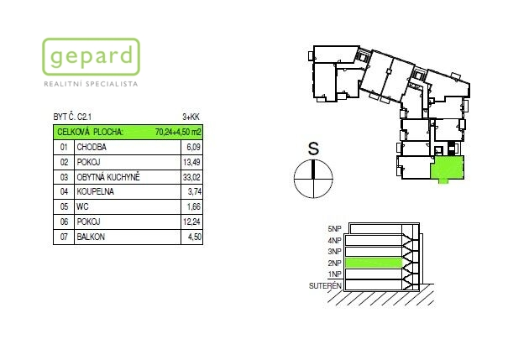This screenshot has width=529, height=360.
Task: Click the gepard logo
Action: click(91, 56)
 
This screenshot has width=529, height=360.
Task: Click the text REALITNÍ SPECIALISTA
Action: click(91, 84)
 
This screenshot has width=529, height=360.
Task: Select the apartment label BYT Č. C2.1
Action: click(72, 117)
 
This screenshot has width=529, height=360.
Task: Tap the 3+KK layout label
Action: click(191, 117)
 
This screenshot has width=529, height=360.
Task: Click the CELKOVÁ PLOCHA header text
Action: click(90, 132)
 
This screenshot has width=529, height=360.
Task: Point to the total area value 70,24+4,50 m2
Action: click(178, 132)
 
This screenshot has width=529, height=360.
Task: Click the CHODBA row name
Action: click(92, 147)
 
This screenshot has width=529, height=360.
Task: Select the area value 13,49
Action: click(191, 162)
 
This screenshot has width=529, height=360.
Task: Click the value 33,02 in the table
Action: click(191, 177)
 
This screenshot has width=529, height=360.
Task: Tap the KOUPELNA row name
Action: click(95, 191)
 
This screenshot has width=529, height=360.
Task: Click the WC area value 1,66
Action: click(194, 206)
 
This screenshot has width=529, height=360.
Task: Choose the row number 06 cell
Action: click(64, 222)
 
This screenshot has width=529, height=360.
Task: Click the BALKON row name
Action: click(91, 237)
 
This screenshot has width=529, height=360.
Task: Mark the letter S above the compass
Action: click(313, 148)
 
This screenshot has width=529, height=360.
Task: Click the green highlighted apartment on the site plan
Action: click(448, 168)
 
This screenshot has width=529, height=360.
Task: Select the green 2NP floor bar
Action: click(374, 263)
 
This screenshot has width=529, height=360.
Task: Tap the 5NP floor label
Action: click(335, 229)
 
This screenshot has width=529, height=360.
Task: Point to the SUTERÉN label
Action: click(325, 286)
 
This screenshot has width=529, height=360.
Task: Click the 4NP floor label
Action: click(335, 240)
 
